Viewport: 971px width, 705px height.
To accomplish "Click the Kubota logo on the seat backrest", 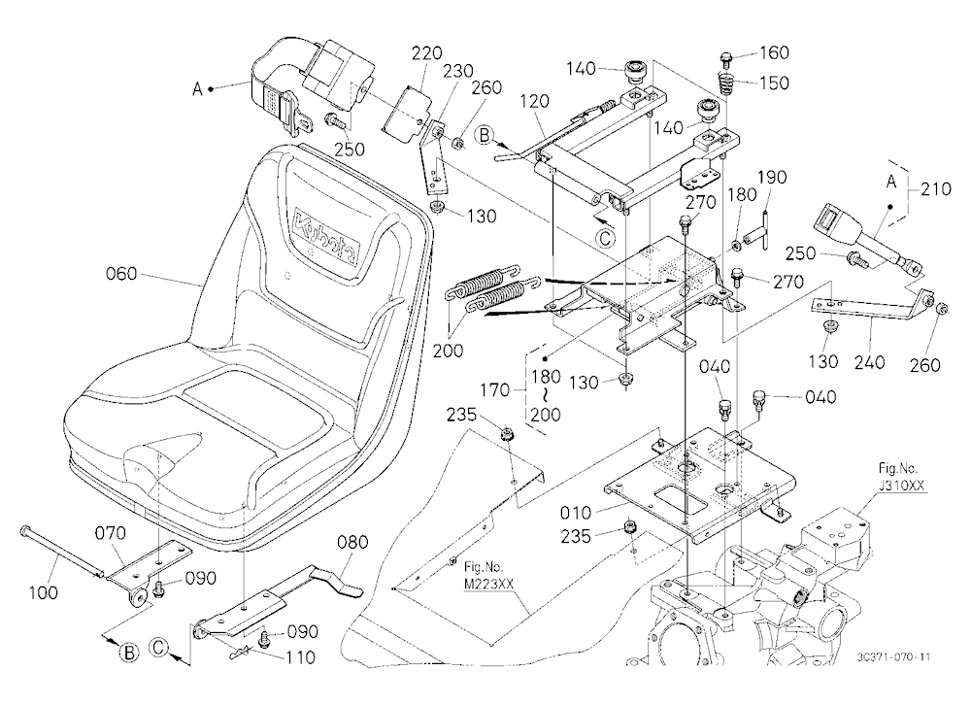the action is tap(326, 235).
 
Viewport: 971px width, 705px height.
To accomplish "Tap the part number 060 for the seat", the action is tap(121, 273).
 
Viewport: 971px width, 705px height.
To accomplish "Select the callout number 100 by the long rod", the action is tap(44, 593).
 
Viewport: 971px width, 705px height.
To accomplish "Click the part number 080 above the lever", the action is tap(352, 542).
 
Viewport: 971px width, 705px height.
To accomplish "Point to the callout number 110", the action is tap(300, 656).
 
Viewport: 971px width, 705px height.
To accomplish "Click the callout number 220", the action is tap(427, 53).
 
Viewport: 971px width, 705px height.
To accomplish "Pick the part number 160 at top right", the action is tap(774, 52).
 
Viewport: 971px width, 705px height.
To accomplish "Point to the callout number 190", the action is tap(772, 177).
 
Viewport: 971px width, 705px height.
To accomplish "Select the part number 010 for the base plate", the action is tap(576, 513).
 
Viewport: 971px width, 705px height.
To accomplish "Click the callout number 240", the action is tap(869, 362).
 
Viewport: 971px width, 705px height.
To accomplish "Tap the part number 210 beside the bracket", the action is tap(936, 188).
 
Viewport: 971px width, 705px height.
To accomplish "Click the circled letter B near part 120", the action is tap(485, 135).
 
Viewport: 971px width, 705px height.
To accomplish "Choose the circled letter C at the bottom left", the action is tap(158, 648).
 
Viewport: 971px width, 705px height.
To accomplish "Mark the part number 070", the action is tap(111, 533).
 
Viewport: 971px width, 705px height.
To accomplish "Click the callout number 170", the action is tap(495, 390).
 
